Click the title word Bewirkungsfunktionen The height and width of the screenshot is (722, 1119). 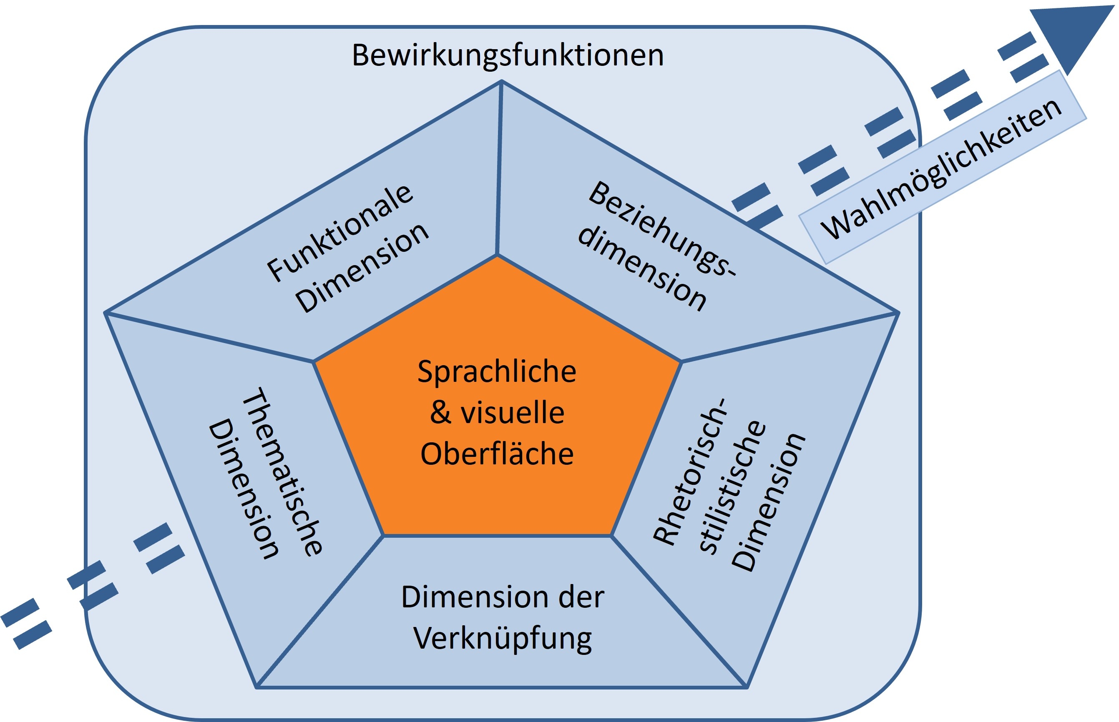pos(508,55)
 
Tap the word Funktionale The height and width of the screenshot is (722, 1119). pos(339,233)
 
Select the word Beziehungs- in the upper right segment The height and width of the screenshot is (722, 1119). pos(662,228)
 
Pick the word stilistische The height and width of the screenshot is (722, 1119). pos(732,488)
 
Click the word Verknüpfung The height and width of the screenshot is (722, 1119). pos(502,639)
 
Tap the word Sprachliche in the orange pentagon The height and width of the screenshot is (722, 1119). pos(497,372)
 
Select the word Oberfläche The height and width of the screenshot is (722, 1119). pos(497,454)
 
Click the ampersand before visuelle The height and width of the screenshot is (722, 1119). pos(440,413)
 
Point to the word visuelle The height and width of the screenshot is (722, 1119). pos(512,413)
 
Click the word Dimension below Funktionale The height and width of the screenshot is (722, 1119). pos(362,268)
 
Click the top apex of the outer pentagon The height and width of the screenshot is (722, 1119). pos(501,82)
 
